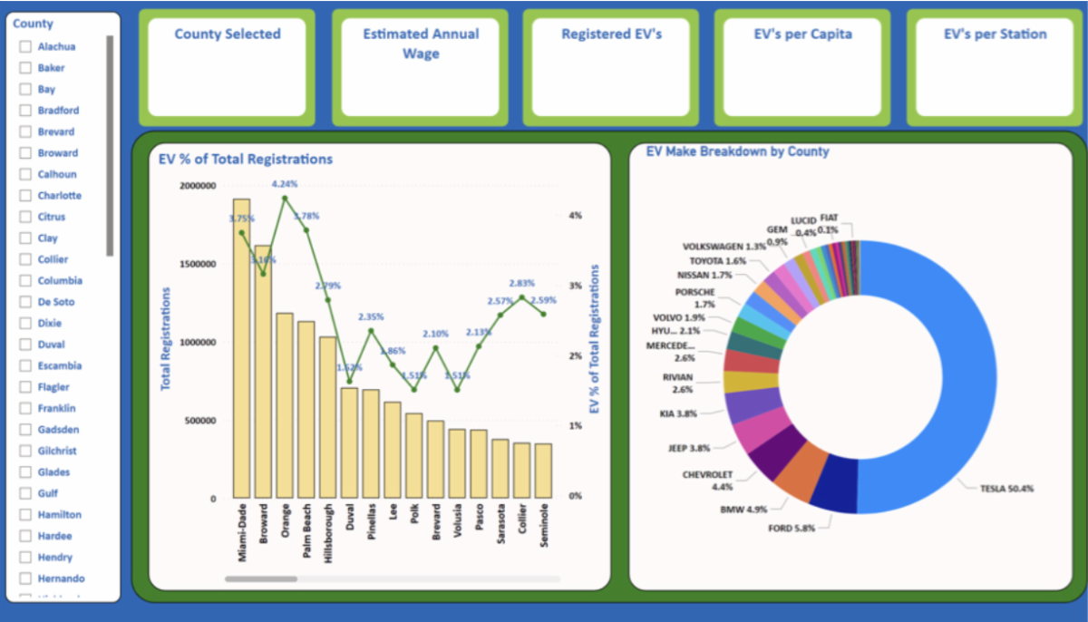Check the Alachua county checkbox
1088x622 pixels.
26,47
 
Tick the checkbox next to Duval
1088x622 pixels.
26,345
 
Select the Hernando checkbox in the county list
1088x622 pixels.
26,578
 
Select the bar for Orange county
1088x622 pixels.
285,404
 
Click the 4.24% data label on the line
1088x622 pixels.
285,184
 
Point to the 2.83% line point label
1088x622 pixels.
521,283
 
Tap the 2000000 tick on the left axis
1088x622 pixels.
199,186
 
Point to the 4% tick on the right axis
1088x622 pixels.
575,216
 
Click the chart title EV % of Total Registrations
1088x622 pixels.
246,160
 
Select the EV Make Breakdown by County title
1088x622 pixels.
737,151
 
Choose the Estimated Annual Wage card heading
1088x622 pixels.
420,44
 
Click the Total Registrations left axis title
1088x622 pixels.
166,339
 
